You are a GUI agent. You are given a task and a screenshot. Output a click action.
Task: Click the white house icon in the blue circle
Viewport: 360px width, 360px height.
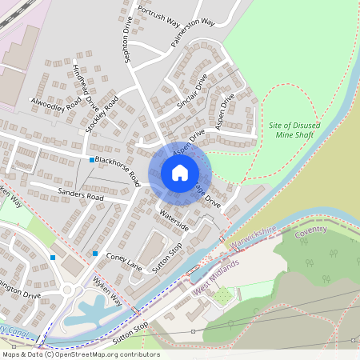pos(180,173)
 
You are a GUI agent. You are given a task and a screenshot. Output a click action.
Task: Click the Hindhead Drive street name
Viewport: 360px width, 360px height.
pos(84,87)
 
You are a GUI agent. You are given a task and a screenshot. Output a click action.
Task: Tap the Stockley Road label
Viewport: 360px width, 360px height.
pos(102,114)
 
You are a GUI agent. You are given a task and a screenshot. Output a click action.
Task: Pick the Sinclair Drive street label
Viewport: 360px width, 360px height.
pos(192,90)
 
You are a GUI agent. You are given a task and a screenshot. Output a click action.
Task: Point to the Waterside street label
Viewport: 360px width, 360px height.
pos(174,221)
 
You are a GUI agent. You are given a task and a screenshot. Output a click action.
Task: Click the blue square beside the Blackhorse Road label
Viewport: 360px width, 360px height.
pos(91,160)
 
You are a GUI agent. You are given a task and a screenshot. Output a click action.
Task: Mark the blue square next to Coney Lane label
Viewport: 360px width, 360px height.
pos(95,254)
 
